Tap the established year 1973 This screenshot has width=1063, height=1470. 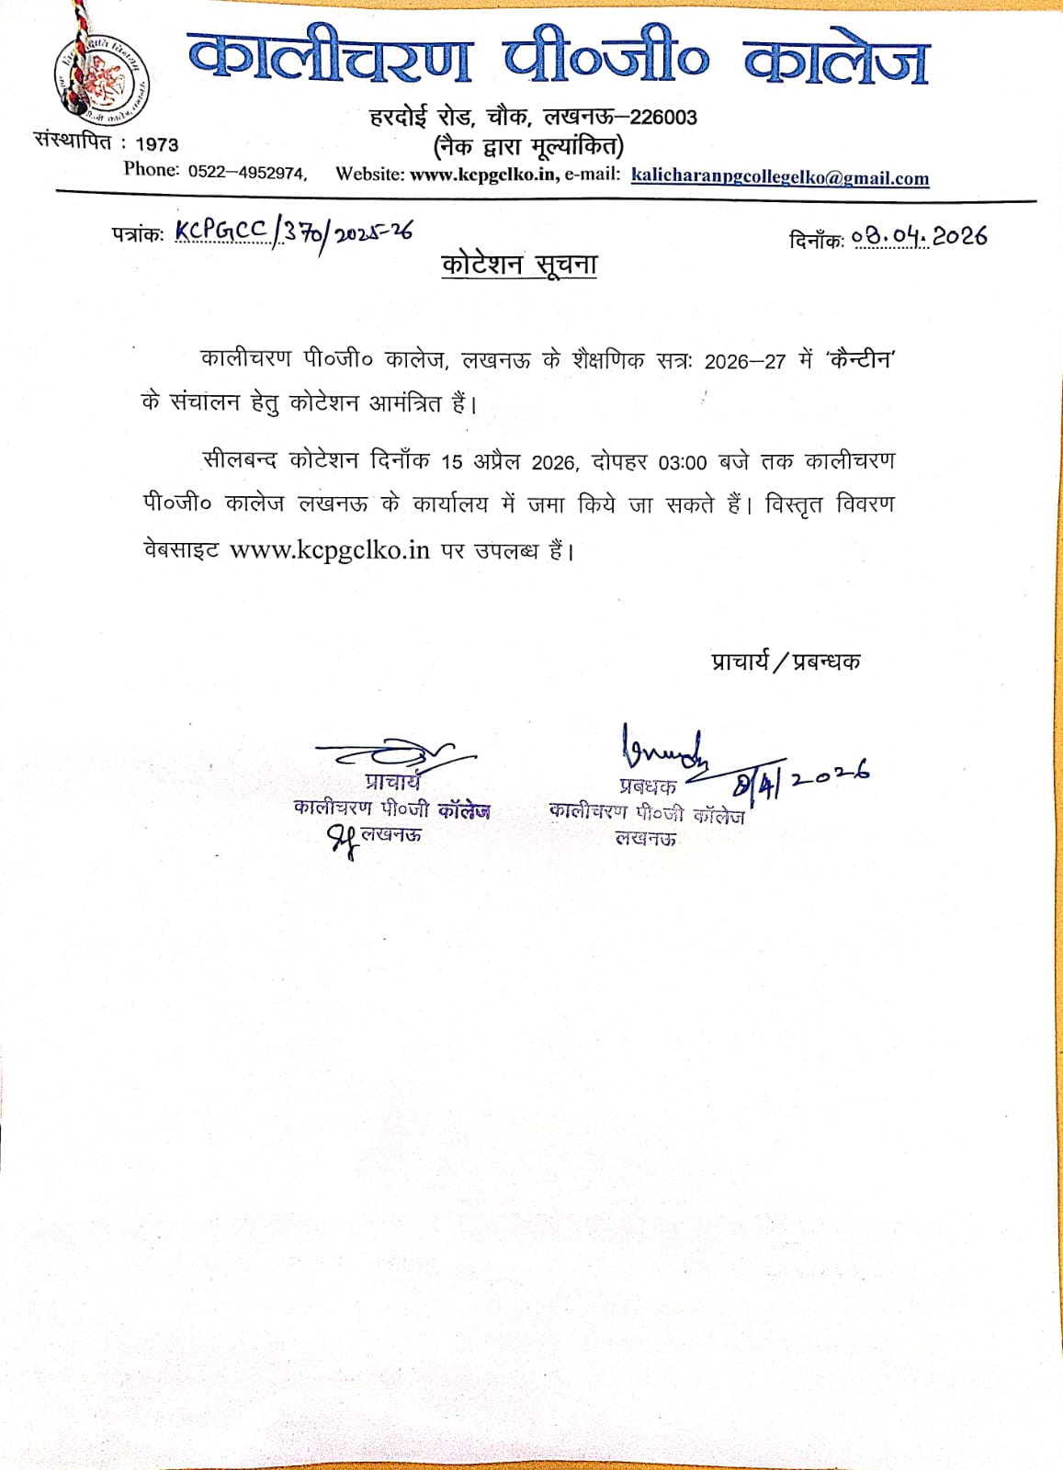[x=156, y=144]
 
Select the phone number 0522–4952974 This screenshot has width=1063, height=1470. [x=246, y=173]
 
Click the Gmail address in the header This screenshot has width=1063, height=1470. [x=779, y=177]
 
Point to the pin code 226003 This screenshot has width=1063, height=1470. [x=663, y=118]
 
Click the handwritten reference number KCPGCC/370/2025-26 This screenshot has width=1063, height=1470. [x=293, y=232]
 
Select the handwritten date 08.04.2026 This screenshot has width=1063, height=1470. [x=919, y=237]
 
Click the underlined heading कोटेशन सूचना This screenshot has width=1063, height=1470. [x=519, y=265]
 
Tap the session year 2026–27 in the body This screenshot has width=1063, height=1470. [x=744, y=361]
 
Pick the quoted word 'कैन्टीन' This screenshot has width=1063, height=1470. [x=859, y=359]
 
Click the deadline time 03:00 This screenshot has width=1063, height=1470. [x=682, y=462]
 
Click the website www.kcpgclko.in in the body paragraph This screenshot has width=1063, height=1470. [x=329, y=550]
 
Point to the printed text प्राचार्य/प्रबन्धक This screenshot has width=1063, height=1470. [x=786, y=661]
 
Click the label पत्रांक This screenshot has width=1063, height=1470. [x=138, y=233]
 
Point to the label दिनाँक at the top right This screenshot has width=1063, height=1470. [x=816, y=240]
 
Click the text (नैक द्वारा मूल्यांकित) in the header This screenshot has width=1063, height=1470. [x=528, y=146]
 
